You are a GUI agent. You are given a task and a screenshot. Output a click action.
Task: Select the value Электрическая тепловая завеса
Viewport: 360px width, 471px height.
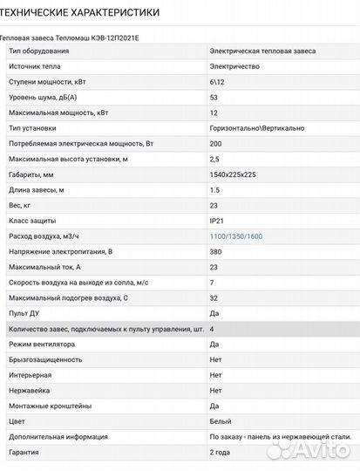262,51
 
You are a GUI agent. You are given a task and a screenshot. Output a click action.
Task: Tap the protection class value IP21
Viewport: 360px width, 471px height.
217,221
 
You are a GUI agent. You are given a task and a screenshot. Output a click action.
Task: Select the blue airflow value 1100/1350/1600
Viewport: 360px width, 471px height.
235,236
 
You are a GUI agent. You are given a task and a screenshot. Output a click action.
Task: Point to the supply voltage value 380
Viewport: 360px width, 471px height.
216,251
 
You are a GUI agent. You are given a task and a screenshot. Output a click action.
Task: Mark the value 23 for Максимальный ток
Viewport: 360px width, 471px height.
214,267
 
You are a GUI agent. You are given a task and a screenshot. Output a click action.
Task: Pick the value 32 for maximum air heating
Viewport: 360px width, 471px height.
214,297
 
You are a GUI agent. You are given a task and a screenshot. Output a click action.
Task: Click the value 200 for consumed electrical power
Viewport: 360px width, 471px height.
216,144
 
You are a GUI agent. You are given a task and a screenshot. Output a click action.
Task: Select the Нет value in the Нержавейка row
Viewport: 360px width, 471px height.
215,390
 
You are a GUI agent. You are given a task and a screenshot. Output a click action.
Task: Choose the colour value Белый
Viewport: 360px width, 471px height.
220,420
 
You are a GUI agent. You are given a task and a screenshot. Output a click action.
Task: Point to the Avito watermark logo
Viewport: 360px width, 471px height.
309,449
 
